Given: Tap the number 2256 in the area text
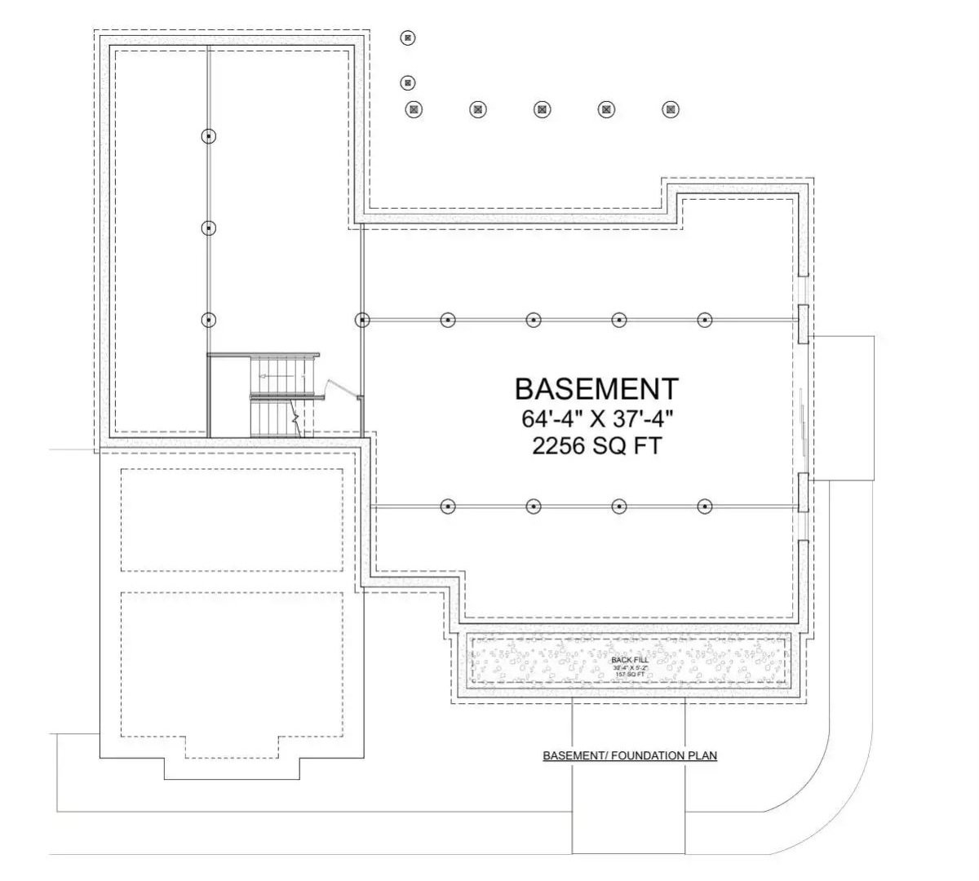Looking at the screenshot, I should click(x=560, y=446).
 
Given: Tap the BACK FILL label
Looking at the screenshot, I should click(x=630, y=659).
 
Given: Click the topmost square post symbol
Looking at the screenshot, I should click(x=408, y=37).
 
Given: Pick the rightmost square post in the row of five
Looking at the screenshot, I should click(x=671, y=108).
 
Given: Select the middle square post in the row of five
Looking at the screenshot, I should click(x=542, y=108).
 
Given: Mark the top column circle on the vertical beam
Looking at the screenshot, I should click(x=209, y=136).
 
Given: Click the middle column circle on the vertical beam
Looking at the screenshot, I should click(x=209, y=228).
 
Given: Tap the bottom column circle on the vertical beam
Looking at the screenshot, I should click(x=209, y=320).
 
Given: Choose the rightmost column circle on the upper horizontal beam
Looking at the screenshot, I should click(x=705, y=321).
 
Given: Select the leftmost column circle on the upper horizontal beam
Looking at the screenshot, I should click(x=361, y=321).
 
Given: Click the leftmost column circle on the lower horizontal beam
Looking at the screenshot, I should click(x=447, y=507).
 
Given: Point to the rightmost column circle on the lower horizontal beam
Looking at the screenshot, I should click(x=705, y=507).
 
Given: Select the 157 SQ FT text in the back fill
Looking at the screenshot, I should click(x=630, y=675).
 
